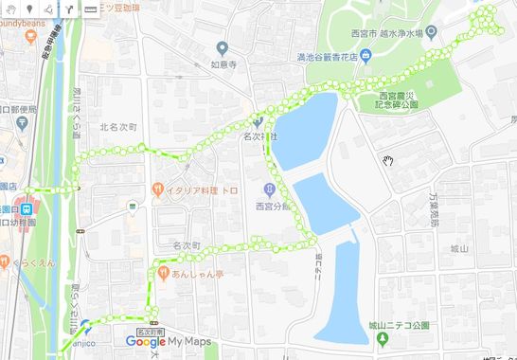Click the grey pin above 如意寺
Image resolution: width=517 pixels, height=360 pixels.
tap(222, 47)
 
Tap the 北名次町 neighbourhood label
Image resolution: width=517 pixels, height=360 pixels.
tap(118, 126)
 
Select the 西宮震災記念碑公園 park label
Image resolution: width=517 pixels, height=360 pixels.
tap(397, 100)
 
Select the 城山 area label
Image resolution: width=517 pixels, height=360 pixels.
tap(460, 248)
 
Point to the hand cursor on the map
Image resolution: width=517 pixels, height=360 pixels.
tap(387, 160)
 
